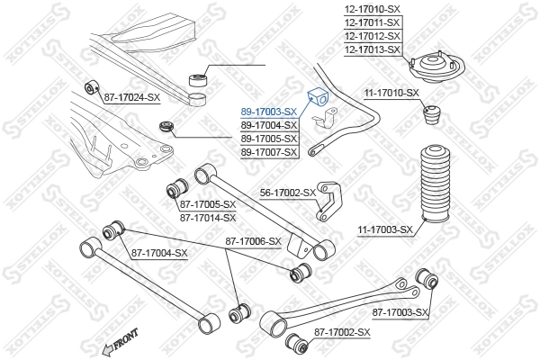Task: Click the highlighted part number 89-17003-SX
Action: (x=268, y=112)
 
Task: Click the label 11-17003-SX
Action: (x=384, y=229)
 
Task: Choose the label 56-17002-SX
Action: (x=288, y=193)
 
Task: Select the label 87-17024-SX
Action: (x=131, y=96)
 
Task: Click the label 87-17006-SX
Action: (x=253, y=241)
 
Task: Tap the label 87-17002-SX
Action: (x=342, y=333)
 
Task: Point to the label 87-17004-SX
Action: (x=159, y=253)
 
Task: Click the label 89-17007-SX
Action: (x=268, y=152)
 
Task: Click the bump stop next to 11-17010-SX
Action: (x=433, y=117)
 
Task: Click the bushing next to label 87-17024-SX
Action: (x=90, y=87)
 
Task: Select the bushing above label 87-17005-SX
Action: (x=177, y=190)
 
